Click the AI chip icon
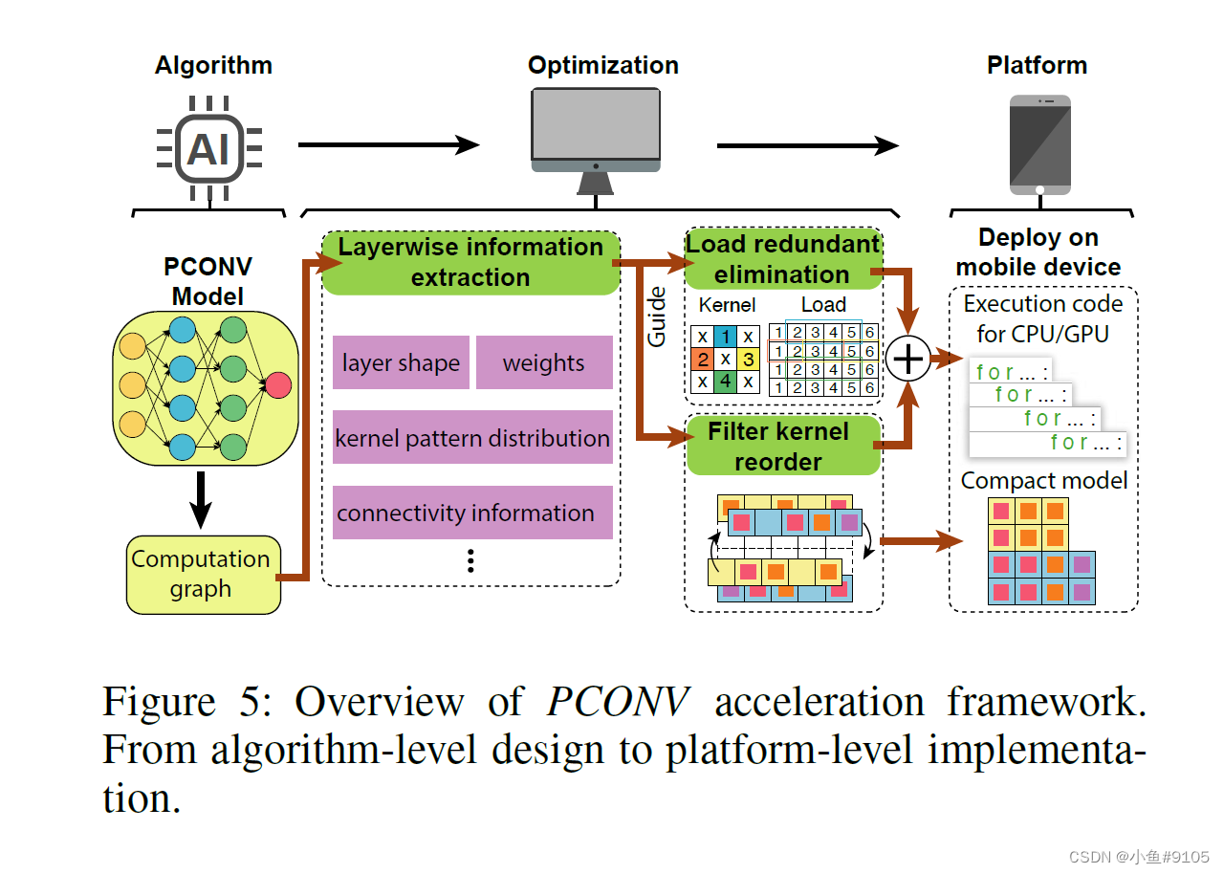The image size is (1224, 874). pos(209,148)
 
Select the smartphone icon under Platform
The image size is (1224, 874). pos(1040,144)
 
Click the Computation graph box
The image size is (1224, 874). pos(201,574)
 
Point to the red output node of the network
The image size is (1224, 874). pos(277,385)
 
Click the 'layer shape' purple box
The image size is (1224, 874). pos(401,362)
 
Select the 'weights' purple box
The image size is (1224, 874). pos(543,362)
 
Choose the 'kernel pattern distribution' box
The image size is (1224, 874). pos(472,438)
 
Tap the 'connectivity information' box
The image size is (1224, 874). pos(472,513)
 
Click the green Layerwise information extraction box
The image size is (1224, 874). pos(470,262)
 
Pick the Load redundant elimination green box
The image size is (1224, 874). pos(781,259)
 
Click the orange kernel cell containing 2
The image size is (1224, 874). pos(703,360)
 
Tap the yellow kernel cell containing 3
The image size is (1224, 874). pos(750,360)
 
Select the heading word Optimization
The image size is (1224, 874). pos(602,65)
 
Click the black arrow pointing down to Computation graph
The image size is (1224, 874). pos(200,499)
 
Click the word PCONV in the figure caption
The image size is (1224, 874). pos(618,702)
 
